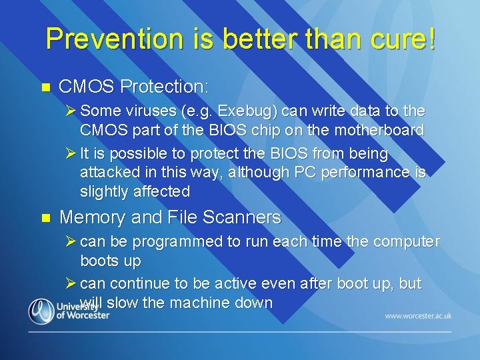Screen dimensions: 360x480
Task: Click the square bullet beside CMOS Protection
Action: click(x=45, y=87)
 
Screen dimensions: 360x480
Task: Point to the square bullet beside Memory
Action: click(x=45, y=217)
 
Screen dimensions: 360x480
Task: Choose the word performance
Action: click(x=369, y=173)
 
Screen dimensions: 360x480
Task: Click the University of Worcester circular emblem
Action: click(x=41, y=311)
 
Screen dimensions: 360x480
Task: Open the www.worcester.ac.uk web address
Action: click(x=418, y=315)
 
